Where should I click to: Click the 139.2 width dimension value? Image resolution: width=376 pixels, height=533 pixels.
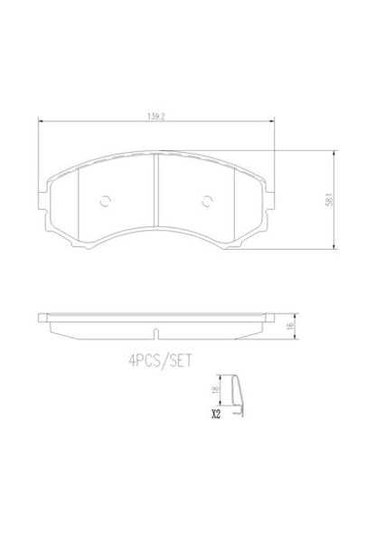(155, 116)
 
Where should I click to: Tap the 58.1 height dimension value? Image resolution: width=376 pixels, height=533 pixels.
(329, 199)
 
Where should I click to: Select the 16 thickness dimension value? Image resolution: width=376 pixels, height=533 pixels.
(290, 326)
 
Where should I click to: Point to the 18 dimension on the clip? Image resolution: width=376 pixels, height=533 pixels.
(215, 389)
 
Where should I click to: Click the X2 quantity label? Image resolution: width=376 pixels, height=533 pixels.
(216, 414)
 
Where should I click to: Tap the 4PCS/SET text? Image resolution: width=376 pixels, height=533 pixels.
(160, 360)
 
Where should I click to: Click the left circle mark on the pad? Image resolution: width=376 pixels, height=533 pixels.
(105, 202)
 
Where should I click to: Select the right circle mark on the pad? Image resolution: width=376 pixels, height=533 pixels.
(207, 202)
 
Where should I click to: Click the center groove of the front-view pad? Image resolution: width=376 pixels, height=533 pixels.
(156, 190)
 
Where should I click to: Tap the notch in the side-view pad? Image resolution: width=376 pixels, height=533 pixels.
(155, 334)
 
